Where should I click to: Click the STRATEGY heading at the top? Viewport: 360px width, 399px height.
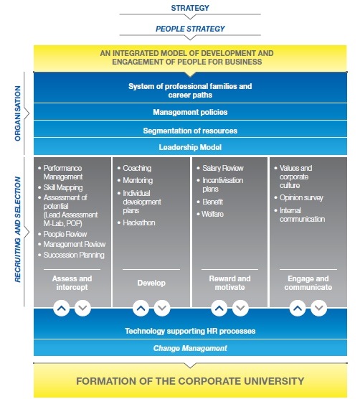(x=190, y=8)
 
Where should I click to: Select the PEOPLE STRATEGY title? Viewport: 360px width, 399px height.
(x=190, y=29)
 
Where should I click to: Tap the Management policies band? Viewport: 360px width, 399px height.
(x=190, y=112)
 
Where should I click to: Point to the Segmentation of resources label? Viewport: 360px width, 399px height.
(x=190, y=131)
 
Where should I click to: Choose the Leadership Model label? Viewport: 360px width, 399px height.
(x=190, y=147)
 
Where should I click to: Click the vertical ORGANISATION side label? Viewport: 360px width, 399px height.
(x=17, y=113)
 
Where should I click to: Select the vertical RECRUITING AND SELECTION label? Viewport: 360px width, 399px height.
(x=17, y=230)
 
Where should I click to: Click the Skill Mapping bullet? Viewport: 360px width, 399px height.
(x=63, y=188)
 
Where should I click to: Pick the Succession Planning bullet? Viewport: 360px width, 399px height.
(x=74, y=255)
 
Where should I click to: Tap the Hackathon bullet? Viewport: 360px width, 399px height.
(x=139, y=223)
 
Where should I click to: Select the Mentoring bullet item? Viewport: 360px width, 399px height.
(x=138, y=180)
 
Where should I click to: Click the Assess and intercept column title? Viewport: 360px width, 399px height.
(x=72, y=283)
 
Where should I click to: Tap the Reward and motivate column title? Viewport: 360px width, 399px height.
(x=229, y=283)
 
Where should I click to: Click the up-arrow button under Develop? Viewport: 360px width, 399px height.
(x=141, y=308)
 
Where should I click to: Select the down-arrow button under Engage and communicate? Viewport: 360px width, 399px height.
(x=319, y=308)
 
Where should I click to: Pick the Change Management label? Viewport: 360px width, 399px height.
(x=190, y=348)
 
